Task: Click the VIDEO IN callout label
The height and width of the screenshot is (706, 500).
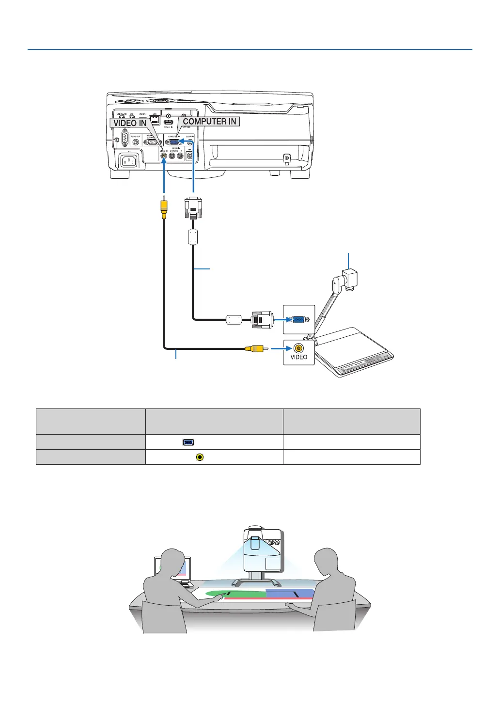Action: click(x=129, y=123)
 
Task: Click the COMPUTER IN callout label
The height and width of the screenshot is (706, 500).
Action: click(x=209, y=122)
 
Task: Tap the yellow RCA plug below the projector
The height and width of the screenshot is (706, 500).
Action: click(x=164, y=206)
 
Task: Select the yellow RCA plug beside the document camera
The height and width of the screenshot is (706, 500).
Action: click(x=255, y=348)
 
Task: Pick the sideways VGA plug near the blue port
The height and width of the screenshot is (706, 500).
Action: click(x=262, y=320)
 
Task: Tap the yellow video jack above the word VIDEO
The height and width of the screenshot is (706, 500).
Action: click(x=298, y=347)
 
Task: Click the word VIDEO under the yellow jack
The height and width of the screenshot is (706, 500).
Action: click(x=298, y=357)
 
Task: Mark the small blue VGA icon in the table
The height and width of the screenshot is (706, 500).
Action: click(x=189, y=442)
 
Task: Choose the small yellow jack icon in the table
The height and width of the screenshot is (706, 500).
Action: click(x=200, y=457)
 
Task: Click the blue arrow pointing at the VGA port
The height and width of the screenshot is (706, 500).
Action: click(x=281, y=320)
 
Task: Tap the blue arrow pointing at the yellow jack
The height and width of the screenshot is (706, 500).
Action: click(x=279, y=348)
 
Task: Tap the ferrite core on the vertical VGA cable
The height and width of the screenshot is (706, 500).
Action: click(x=193, y=237)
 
